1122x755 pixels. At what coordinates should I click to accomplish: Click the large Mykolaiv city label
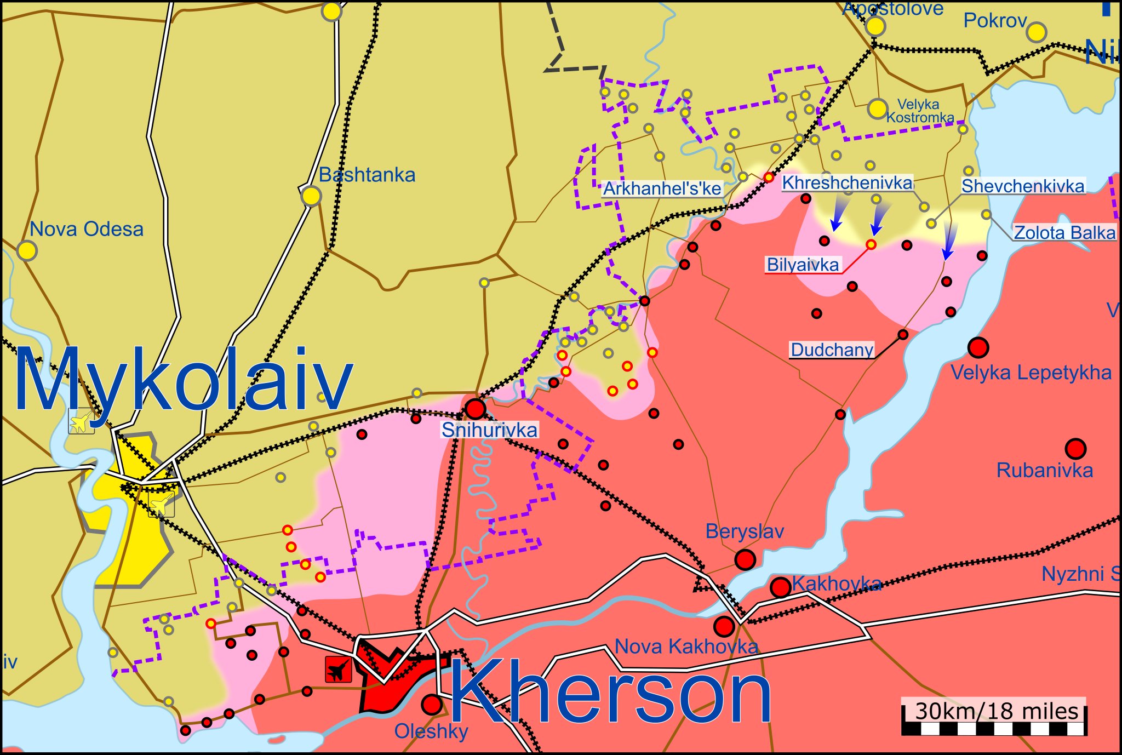(184, 380)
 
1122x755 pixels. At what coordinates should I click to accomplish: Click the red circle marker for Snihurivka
(475, 409)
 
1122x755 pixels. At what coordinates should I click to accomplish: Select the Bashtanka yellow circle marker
(311, 196)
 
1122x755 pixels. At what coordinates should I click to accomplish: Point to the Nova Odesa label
(87, 229)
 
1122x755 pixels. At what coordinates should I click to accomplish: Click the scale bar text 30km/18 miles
(996, 711)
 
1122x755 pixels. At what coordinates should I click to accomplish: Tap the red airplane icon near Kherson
(338, 669)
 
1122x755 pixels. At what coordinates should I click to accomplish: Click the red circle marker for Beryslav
(745, 560)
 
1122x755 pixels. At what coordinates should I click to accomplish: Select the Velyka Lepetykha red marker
(978, 347)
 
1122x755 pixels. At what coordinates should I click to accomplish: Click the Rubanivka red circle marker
(1075, 449)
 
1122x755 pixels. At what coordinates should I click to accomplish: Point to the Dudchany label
(832, 350)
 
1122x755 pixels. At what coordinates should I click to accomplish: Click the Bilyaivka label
(803, 265)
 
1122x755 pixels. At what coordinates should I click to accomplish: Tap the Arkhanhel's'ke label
(662, 189)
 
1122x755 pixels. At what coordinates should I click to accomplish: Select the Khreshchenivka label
(847, 183)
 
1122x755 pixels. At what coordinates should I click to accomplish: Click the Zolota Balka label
(1064, 233)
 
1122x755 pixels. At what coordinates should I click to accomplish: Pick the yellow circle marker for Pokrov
(1036, 33)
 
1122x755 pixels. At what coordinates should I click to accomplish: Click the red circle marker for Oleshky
(432, 705)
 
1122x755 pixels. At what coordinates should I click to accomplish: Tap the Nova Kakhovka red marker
(724, 626)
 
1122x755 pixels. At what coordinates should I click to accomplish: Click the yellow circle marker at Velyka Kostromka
(877, 109)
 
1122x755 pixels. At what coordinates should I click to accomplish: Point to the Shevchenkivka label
(1023, 186)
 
